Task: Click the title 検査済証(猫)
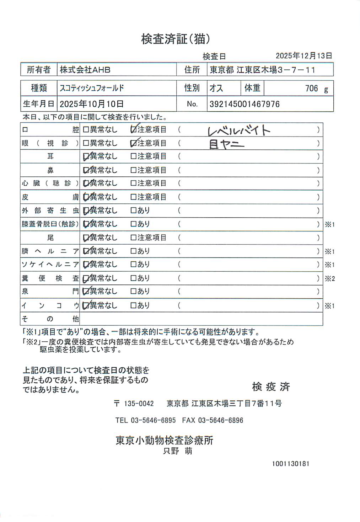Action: click(x=176, y=39)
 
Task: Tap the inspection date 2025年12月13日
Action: click(x=304, y=56)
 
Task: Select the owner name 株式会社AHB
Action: click(x=85, y=70)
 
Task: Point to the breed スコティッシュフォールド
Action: click(x=92, y=88)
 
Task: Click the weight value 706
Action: click(x=311, y=88)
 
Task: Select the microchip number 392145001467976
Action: click(x=245, y=104)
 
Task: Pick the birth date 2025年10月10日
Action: click(x=92, y=104)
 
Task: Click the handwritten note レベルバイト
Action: click(x=239, y=130)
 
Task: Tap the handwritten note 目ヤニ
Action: click(x=226, y=144)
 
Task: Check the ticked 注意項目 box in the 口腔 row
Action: click(x=134, y=130)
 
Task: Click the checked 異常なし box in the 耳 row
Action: click(x=86, y=156)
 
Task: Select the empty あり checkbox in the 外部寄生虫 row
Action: click(x=134, y=211)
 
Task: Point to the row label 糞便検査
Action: click(x=50, y=278)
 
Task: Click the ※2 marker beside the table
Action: click(x=329, y=279)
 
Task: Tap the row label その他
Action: click(x=50, y=319)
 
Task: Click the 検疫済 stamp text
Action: click(x=271, y=387)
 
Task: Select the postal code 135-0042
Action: click(x=139, y=404)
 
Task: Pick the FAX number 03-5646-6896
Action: click(x=220, y=420)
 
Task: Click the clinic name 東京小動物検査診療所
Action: click(x=164, y=440)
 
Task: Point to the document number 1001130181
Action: click(x=291, y=464)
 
